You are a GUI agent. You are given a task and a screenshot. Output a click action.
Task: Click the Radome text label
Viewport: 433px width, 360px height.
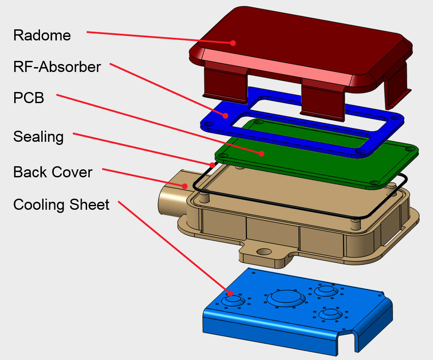42,35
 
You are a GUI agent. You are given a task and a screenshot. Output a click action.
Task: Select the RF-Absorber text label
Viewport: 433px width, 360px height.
57,67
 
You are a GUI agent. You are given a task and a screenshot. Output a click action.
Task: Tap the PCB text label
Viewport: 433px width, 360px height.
29,98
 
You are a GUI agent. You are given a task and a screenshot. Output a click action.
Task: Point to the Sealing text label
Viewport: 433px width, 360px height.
39,136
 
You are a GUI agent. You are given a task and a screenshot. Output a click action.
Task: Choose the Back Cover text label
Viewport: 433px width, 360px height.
53,172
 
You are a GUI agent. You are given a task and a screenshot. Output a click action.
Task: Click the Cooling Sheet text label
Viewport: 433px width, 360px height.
61,205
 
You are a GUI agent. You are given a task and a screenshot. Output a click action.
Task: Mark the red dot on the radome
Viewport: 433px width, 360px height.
232,43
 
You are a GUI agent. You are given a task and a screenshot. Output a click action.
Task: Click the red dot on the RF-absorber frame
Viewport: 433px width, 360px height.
226,116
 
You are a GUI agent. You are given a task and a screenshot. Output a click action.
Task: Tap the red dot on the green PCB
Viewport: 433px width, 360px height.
262,153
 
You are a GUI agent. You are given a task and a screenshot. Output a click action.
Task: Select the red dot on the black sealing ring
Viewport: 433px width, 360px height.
212,165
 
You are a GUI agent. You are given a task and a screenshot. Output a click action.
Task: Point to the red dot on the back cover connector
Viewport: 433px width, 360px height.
184,185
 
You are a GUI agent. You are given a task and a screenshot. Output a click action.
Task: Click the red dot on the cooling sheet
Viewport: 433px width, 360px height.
230,293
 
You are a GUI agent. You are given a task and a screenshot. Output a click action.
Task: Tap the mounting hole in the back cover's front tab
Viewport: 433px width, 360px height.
264,252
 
